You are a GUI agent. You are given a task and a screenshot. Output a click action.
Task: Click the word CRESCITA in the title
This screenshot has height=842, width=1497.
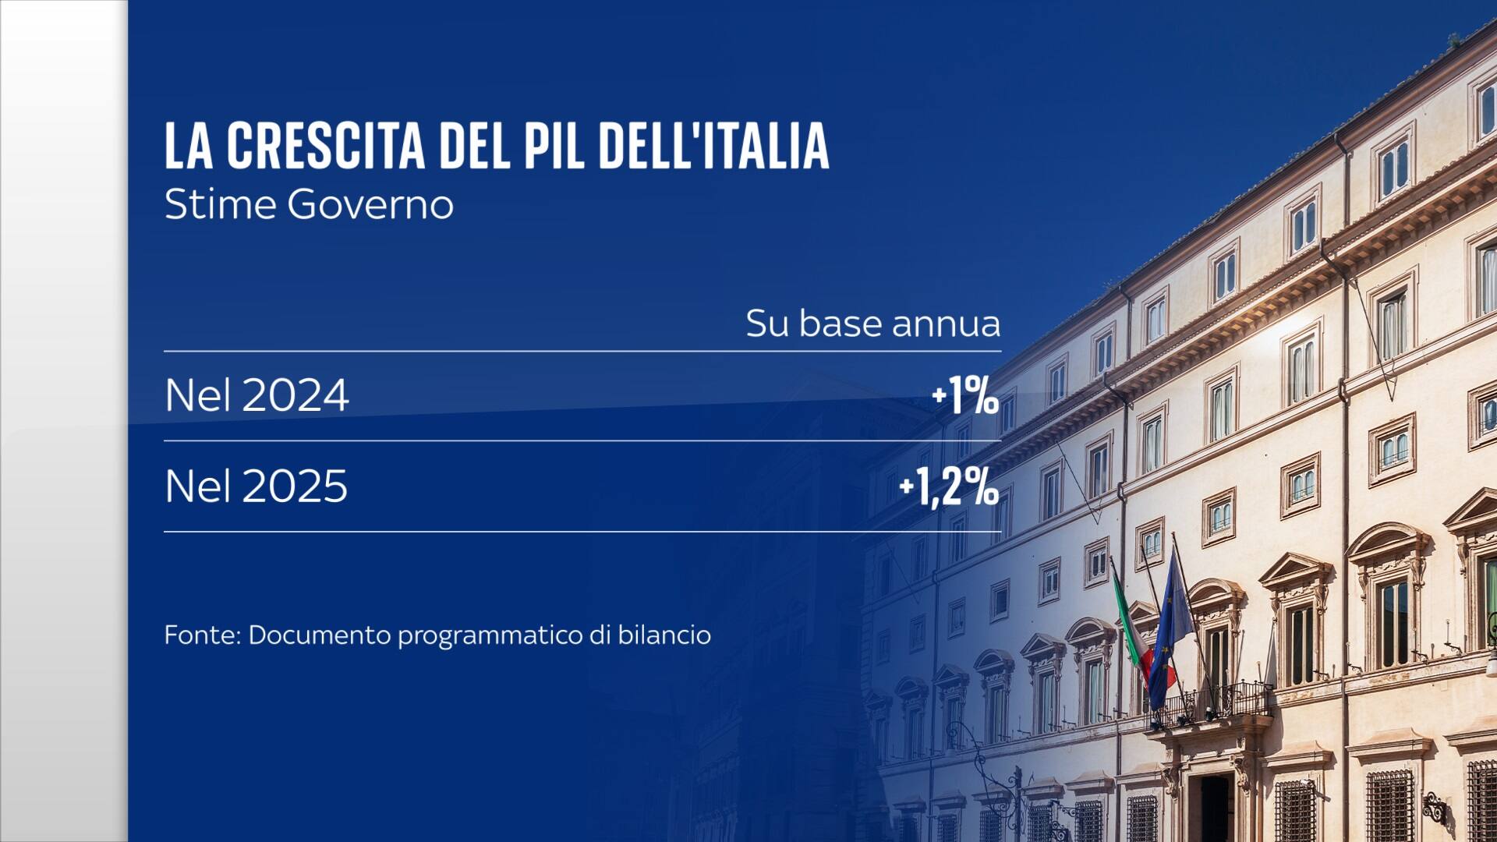[x=326, y=145]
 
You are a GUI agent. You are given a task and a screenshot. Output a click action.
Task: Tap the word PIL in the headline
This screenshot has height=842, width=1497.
[x=553, y=145]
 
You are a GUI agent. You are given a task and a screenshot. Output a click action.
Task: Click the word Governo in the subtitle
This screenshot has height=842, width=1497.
[x=370, y=205]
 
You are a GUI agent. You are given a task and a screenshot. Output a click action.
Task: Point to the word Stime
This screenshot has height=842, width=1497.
[x=221, y=205]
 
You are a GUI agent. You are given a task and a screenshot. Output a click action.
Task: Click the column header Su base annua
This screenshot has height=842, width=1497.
[x=872, y=324]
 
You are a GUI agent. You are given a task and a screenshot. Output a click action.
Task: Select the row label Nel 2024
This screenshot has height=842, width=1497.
[x=257, y=395]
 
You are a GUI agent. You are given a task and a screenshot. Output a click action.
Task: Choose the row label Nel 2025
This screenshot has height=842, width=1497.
[x=257, y=486]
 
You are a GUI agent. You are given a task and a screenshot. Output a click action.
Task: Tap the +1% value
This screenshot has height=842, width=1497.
[x=965, y=396]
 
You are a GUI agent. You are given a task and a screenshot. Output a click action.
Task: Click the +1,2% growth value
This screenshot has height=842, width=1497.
[x=949, y=487]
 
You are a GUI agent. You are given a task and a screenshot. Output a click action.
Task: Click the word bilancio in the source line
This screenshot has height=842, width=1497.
[x=664, y=635]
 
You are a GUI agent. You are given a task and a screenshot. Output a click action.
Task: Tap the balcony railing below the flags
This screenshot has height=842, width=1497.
[x=1212, y=702]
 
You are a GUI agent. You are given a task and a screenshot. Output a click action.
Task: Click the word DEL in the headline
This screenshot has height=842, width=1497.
[x=474, y=145]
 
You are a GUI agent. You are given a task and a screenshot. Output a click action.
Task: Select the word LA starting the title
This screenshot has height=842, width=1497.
[x=189, y=145]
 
